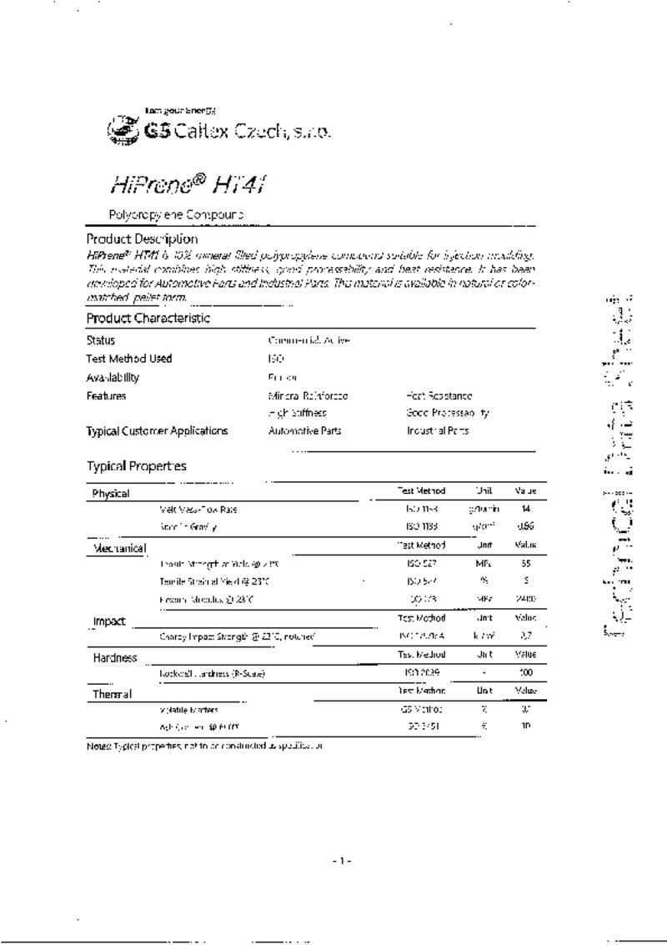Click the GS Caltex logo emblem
(x=123, y=130)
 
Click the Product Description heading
(x=142, y=239)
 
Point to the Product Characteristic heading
(x=148, y=318)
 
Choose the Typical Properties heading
(x=137, y=466)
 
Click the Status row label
(x=100, y=340)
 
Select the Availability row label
(x=113, y=377)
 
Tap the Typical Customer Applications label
(x=157, y=431)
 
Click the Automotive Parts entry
(x=304, y=431)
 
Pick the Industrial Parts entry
(x=438, y=431)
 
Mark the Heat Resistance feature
(x=439, y=396)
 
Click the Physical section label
(x=111, y=494)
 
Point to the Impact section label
(x=109, y=621)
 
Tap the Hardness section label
(x=114, y=658)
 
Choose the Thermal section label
(x=112, y=694)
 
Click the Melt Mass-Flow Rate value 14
(x=525, y=509)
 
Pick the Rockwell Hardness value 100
(x=525, y=672)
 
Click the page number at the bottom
(x=342, y=860)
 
